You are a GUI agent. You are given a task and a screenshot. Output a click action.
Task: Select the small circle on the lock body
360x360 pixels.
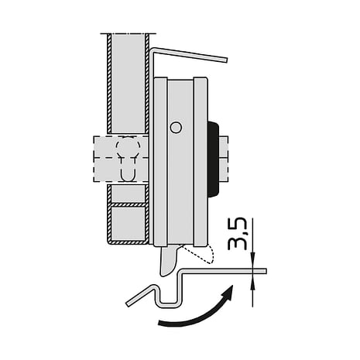point(177,127)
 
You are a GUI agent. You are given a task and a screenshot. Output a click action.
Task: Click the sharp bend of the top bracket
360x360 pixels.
point(153,50)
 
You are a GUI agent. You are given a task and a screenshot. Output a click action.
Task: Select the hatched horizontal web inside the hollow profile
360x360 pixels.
point(126,204)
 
